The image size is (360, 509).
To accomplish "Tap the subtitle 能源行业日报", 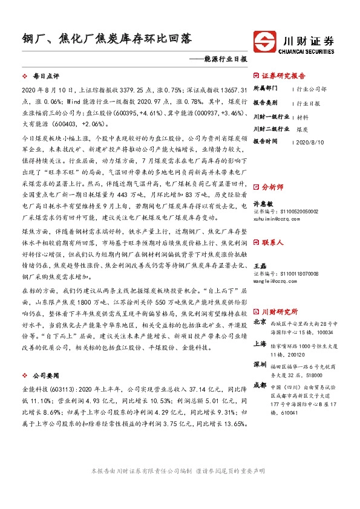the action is (x=226, y=60).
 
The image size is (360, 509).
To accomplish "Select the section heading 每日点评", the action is (x=45, y=77).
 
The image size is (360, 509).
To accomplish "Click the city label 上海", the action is (x=260, y=343).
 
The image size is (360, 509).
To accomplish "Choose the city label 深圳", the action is (x=260, y=365).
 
